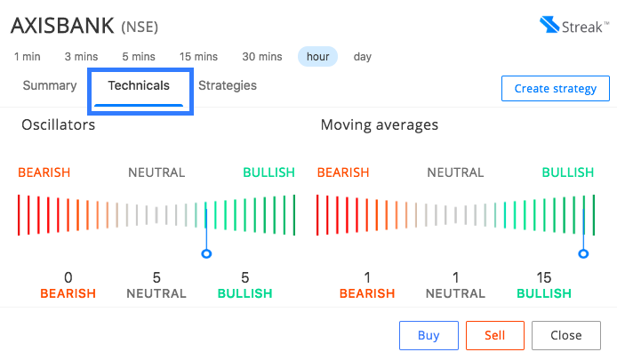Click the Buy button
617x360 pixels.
[x=429, y=335]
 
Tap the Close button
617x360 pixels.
[x=565, y=335]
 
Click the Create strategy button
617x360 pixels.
[x=556, y=89]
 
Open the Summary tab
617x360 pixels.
[x=50, y=85]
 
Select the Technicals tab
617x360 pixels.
[x=139, y=85]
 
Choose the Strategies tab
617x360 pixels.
[x=228, y=85]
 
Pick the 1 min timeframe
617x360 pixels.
[x=28, y=57]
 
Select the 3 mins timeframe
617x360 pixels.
[x=81, y=57]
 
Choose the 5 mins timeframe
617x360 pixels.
[x=139, y=57]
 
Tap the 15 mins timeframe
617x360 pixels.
[x=198, y=57]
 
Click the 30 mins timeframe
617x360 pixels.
[x=262, y=57]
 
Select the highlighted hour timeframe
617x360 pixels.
[x=317, y=57]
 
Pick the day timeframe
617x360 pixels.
[x=363, y=57]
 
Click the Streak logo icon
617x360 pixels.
[x=549, y=24]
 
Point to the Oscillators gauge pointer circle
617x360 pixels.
[x=206, y=253]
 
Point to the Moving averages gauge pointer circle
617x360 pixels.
[x=583, y=253]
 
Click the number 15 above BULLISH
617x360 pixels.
[x=544, y=277]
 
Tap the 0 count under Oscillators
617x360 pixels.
[x=68, y=277]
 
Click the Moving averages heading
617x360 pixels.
[x=380, y=124]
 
